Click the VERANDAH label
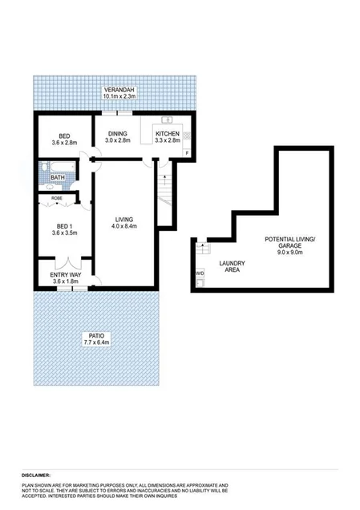(119, 89)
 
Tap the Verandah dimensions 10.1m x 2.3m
(119, 96)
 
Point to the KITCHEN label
(167, 132)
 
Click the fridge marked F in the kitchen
(187, 152)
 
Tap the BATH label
(58, 178)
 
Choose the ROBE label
(57, 196)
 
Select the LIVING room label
(123, 219)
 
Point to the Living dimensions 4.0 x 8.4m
(123, 226)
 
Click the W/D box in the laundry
(199, 273)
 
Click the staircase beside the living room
(165, 200)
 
